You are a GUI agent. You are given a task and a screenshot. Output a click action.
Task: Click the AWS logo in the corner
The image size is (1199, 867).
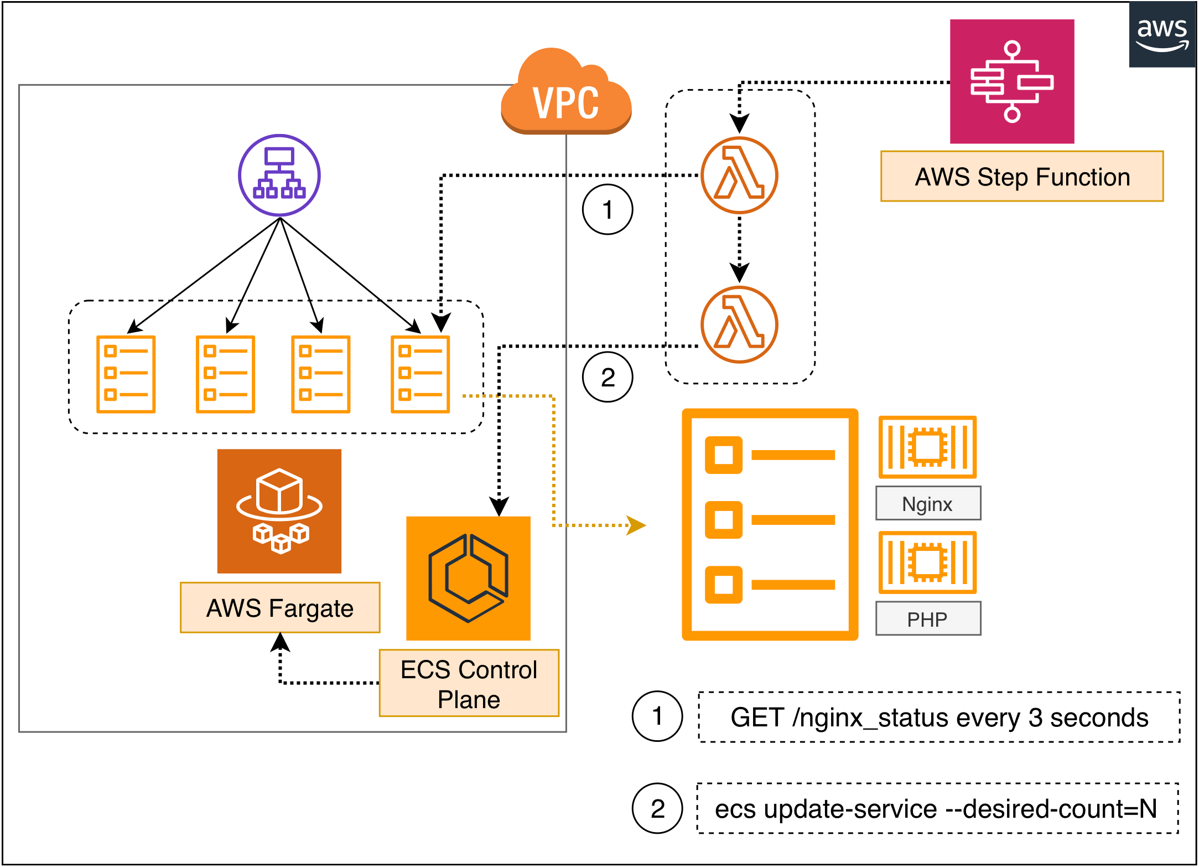pyautogui.click(x=1162, y=34)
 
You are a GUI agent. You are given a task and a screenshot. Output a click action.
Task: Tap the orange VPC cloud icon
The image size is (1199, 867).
pyautogui.click(x=565, y=94)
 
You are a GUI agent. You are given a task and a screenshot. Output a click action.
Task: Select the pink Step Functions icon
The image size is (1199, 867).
pyautogui.click(x=1012, y=81)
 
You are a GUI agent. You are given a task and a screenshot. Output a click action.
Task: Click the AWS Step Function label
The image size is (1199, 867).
pyautogui.click(x=1022, y=177)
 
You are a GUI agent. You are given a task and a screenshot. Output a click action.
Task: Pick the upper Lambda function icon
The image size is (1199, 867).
pyautogui.click(x=739, y=175)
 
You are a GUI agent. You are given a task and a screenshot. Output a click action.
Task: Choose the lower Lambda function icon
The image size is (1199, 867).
pyautogui.click(x=739, y=324)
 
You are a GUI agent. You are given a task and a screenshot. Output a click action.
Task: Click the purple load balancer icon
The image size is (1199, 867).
pyautogui.click(x=279, y=175)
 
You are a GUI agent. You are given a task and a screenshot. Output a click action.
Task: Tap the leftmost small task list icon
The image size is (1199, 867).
pyautogui.click(x=126, y=374)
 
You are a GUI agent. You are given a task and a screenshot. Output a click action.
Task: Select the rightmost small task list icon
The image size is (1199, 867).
pyautogui.click(x=420, y=374)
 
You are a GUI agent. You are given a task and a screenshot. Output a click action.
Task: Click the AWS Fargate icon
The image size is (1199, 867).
pyautogui.click(x=279, y=511)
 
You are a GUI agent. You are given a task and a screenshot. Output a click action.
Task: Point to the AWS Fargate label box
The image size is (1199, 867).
pyautogui.click(x=280, y=607)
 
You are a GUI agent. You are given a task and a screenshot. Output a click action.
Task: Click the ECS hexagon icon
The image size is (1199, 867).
pyautogui.click(x=468, y=578)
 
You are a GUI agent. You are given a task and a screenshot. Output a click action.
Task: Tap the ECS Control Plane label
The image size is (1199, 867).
pyautogui.click(x=469, y=683)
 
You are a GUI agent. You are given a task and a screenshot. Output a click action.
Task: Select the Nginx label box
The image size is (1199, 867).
pyautogui.click(x=928, y=503)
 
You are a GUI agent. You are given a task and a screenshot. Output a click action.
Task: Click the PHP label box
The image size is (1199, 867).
pyautogui.click(x=928, y=618)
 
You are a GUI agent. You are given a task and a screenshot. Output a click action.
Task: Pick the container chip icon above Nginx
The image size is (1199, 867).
pyautogui.click(x=927, y=447)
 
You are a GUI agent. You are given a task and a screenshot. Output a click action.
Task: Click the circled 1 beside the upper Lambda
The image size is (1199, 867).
pyautogui.click(x=608, y=210)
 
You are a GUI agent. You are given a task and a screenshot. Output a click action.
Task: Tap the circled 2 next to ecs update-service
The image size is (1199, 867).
pyautogui.click(x=657, y=808)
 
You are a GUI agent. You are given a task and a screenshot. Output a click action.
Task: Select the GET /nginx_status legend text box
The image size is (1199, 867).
pyautogui.click(x=939, y=717)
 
